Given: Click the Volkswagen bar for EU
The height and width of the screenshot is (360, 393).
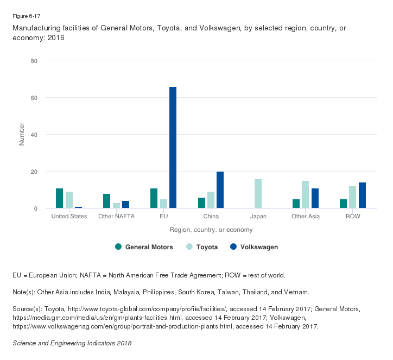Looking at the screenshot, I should click(x=173, y=147).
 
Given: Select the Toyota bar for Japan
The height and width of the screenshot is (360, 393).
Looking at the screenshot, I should click(x=258, y=194).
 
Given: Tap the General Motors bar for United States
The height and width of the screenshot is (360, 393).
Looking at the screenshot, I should click(x=60, y=198).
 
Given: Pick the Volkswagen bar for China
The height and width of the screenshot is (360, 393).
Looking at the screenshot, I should click(x=220, y=190).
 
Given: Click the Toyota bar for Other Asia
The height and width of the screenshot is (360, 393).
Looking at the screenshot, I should click(x=305, y=194).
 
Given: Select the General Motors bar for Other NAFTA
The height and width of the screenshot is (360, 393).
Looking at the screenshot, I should click(x=107, y=201).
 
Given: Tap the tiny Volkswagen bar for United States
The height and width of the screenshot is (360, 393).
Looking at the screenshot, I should click(x=78, y=207).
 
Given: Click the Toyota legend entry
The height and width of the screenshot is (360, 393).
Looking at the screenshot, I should click(x=202, y=247).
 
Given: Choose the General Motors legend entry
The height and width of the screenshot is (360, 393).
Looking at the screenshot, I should click(x=144, y=247).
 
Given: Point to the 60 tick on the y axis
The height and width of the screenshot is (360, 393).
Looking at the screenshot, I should click(x=34, y=98).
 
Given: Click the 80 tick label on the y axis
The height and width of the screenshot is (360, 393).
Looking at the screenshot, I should click(x=34, y=61).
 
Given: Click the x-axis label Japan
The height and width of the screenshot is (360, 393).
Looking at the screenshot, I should click(x=258, y=217).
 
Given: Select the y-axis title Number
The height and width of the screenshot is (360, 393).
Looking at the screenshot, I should click(x=22, y=134).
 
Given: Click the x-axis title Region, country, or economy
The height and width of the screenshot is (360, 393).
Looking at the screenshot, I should click(x=211, y=230).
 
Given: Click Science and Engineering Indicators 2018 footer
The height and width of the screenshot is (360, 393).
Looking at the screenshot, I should click(x=72, y=343).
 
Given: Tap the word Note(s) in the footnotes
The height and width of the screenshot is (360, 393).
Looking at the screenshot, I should click(x=25, y=292).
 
